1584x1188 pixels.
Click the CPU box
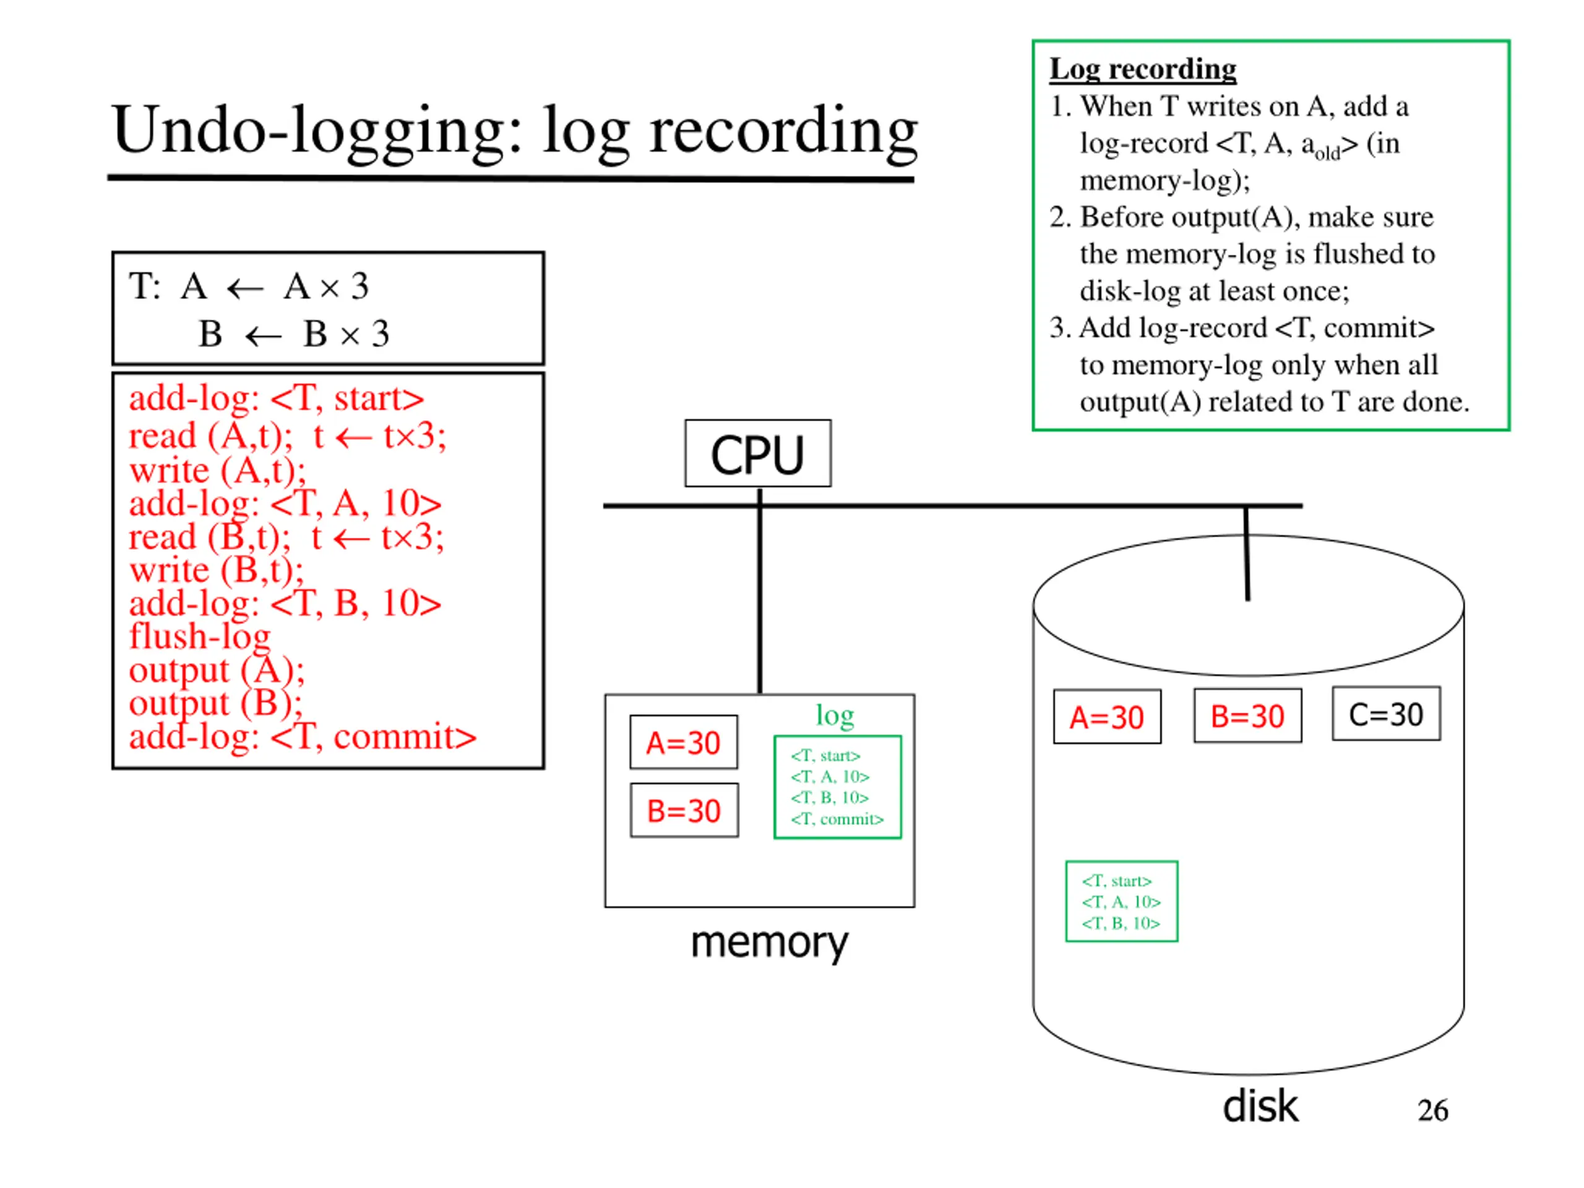tap(757, 454)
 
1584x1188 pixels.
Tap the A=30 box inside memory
tap(684, 742)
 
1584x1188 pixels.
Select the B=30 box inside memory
tap(684, 810)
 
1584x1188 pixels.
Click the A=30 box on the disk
tap(1107, 717)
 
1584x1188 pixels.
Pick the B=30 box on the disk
tap(1247, 715)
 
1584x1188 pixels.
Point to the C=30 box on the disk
tap(1387, 713)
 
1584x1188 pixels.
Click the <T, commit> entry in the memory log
tap(837, 819)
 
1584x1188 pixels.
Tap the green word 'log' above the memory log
tap(835, 715)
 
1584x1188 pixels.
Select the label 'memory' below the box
tap(769, 942)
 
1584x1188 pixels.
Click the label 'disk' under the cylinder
tap(1260, 1106)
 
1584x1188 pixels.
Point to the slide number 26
tap(1433, 1110)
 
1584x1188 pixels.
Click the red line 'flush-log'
tap(200, 636)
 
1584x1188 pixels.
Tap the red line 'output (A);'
tap(217, 670)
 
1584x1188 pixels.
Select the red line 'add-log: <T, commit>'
tap(302, 736)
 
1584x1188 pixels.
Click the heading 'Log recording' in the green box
tap(1143, 69)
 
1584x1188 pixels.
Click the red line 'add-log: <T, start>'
tap(277, 397)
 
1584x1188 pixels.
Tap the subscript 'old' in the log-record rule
tap(1328, 153)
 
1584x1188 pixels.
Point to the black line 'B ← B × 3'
tap(294, 333)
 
